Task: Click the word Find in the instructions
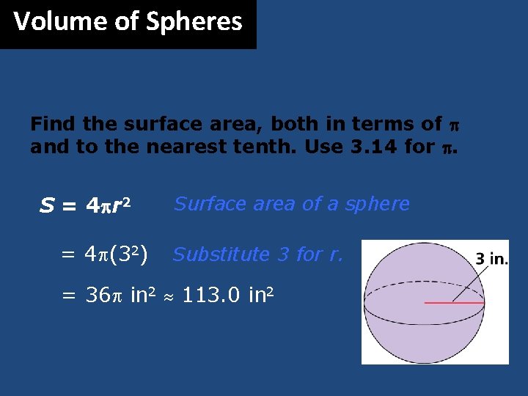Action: coord(53,125)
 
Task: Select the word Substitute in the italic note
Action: coord(221,254)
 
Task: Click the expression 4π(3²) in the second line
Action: coord(116,255)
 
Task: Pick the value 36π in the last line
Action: coord(103,296)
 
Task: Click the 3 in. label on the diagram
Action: coord(491,259)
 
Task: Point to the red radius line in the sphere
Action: coord(455,302)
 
